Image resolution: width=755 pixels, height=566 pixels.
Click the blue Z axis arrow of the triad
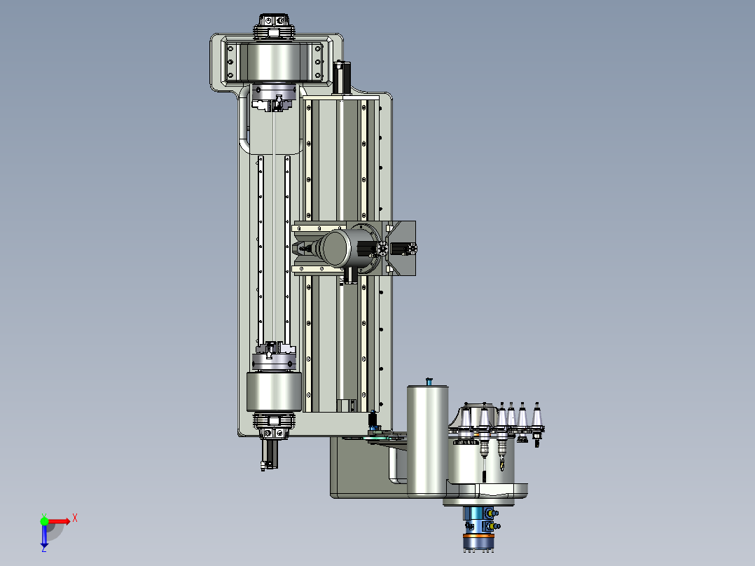(44, 537)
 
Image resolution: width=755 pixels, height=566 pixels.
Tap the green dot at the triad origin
(44, 520)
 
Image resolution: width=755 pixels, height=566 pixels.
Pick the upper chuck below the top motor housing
(274, 98)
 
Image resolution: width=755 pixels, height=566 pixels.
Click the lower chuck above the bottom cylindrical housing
(275, 354)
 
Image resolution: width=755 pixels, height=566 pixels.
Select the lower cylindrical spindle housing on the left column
(274, 392)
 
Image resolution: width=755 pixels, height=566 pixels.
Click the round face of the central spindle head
(336, 247)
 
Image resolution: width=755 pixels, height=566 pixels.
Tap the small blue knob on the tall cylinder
(429, 381)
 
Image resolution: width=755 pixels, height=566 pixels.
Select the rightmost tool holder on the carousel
(537, 424)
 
